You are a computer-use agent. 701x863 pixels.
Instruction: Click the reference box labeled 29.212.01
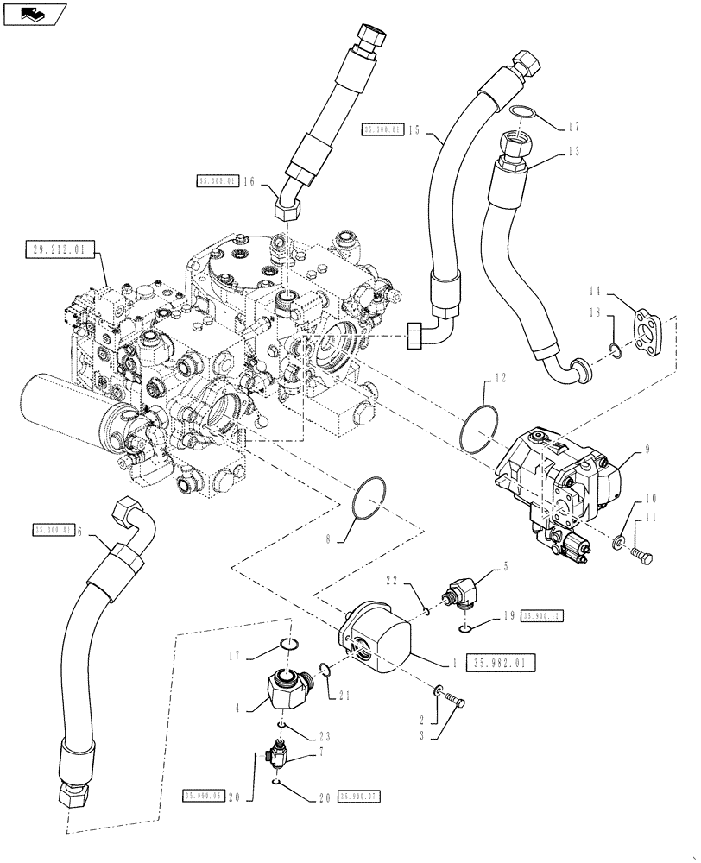[x=55, y=252]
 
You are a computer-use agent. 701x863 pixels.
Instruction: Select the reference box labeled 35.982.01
[x=503, y=662]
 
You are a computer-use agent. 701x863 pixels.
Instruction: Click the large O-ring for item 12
[x=479, y=427]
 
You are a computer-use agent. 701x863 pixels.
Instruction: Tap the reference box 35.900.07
[x=360, y=797]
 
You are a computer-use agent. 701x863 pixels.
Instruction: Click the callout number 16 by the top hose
[x=249, y=181]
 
